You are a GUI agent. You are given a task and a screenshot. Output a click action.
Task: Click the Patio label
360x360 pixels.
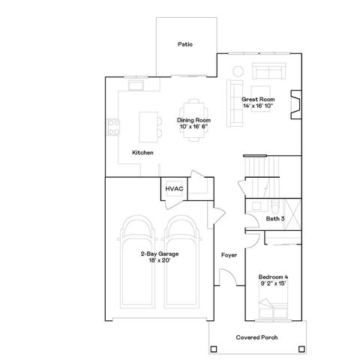coord(185,44)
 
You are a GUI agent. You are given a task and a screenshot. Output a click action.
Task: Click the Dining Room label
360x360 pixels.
coord(193,120)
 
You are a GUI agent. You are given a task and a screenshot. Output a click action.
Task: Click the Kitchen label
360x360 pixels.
coord(142,153)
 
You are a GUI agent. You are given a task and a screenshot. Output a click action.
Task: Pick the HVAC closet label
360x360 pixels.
coord(174,188)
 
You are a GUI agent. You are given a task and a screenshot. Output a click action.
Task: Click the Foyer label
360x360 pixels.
coord(229,255)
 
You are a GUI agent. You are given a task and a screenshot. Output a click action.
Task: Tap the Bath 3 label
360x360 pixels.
coord(275,219)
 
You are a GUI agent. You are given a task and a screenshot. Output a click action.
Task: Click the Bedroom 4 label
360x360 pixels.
coord(271,276)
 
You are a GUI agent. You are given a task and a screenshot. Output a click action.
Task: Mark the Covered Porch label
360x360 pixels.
coord(257,337)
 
